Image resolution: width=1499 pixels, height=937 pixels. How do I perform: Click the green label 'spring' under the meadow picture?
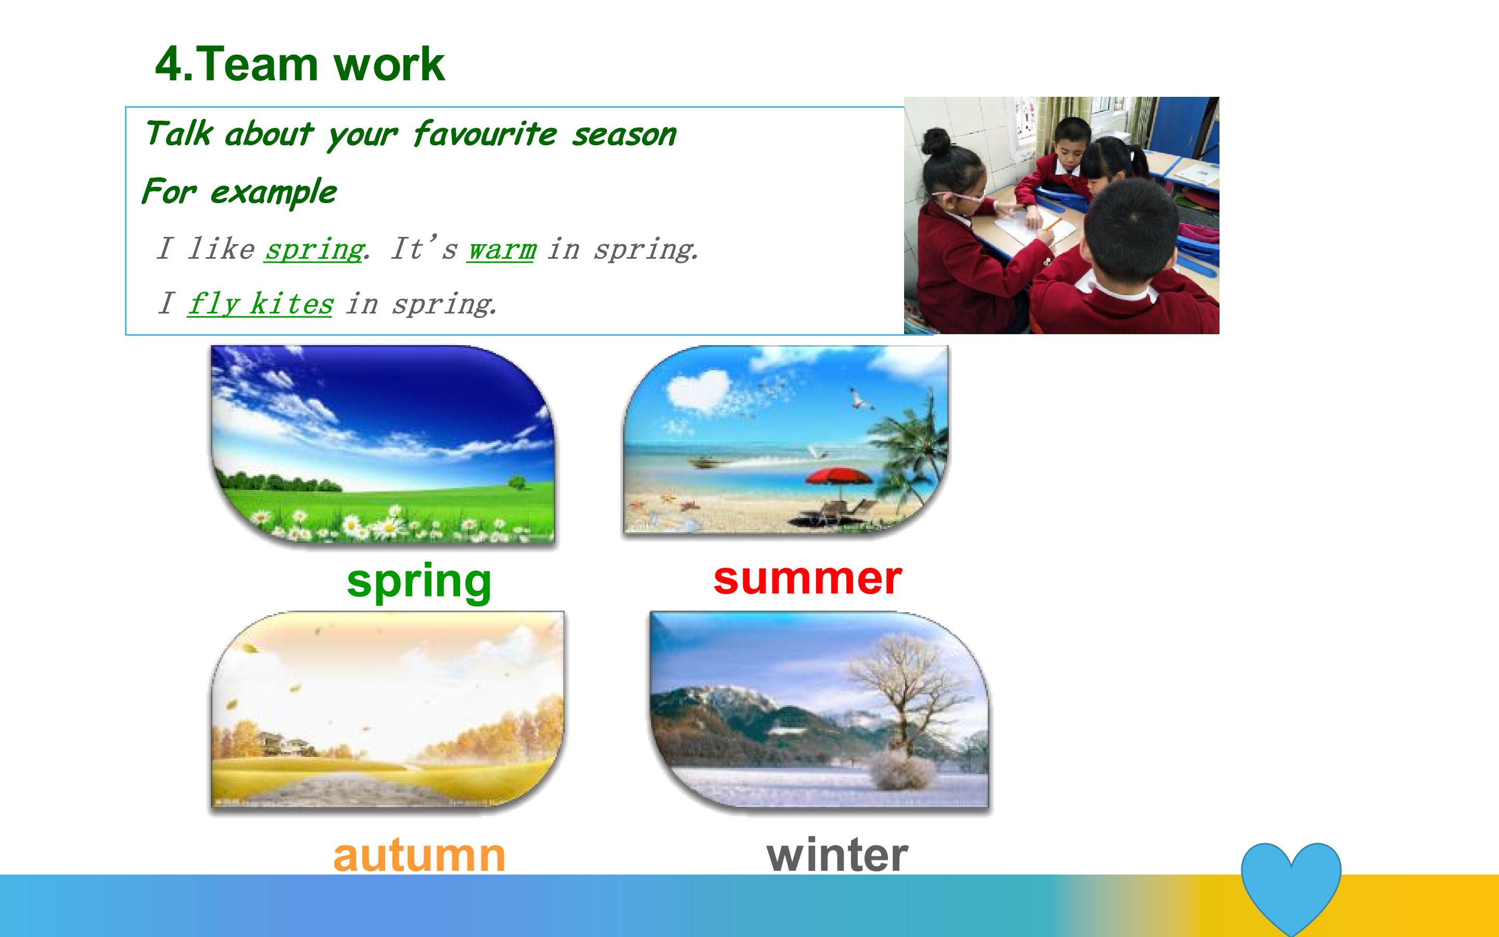click(420, 581)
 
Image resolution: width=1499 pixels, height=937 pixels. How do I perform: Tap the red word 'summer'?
click(808, 578)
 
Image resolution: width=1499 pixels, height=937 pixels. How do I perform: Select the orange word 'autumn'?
click(420, 855)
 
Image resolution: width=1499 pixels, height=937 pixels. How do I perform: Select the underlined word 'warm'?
click(501, 249)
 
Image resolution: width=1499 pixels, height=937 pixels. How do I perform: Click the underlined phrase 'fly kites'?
click(260, 303)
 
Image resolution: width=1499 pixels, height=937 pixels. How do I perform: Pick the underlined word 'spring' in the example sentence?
click(313, 249)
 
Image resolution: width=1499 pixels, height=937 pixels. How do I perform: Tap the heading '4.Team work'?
click(300, 64)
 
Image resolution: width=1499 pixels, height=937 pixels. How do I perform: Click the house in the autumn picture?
click(280, 744)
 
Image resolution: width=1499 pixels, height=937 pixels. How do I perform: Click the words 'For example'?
click(239, 192)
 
